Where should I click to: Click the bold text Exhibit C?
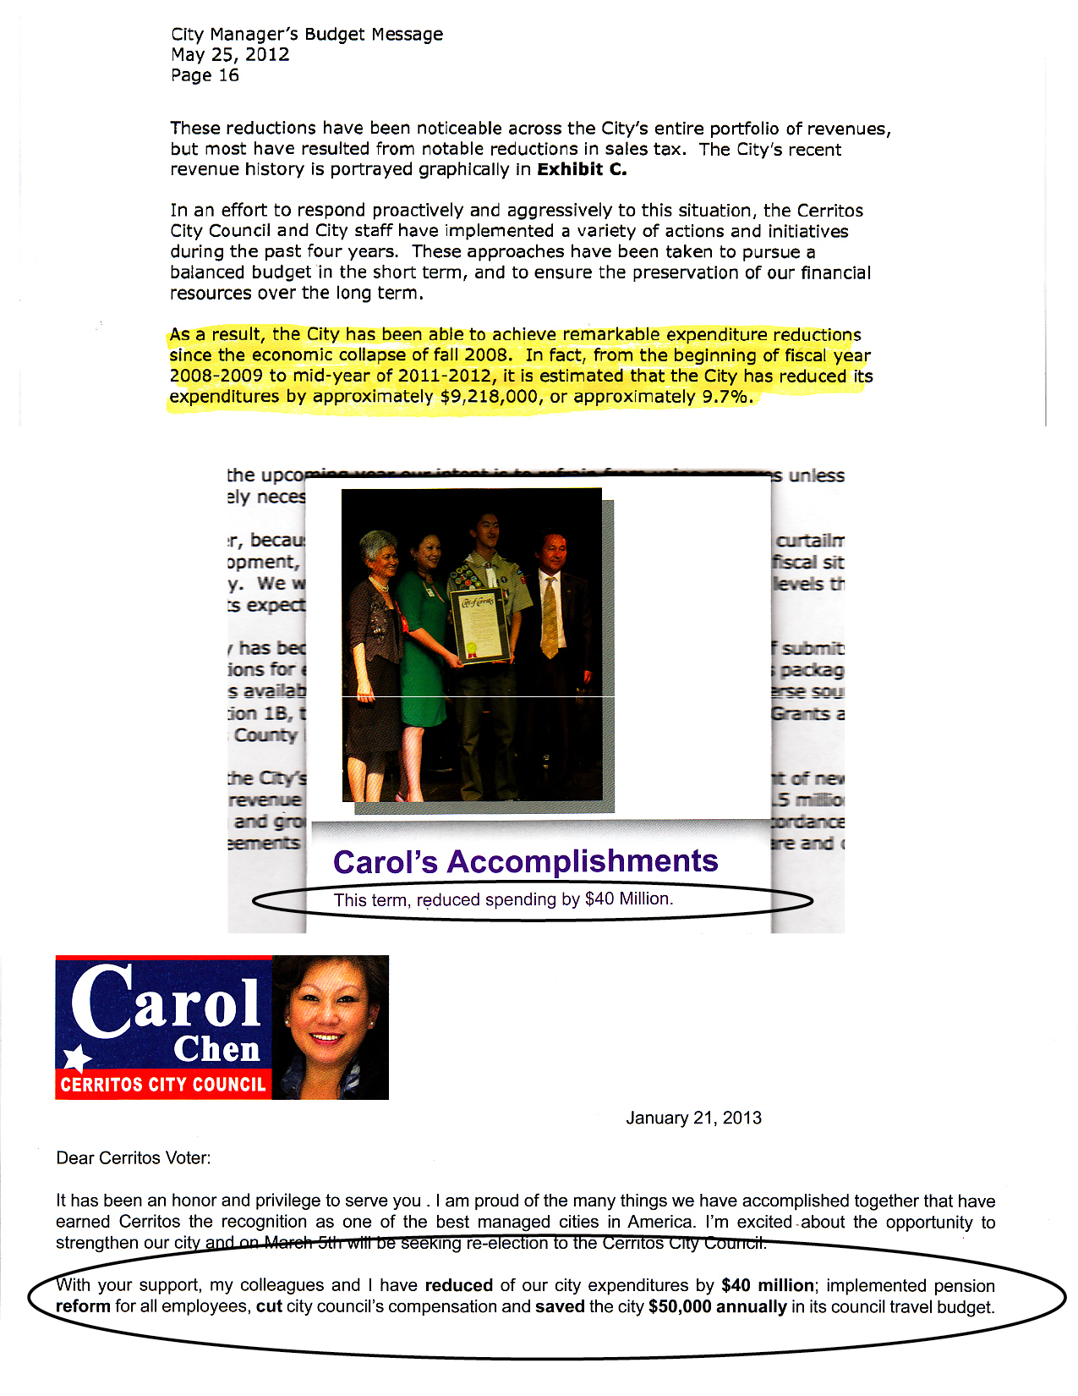(x=582, y=169)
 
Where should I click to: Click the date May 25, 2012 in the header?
(x=230, y=55)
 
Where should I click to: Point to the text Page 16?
(x=205, y=75)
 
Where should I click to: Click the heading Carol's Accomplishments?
(x=525, y=861)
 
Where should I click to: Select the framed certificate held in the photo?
(x=480, y=624)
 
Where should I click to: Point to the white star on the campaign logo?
(x=77, y=1058)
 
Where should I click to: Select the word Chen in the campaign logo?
(x=216, y=1049)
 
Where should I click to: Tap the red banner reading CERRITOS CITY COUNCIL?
(x=163, y=1085)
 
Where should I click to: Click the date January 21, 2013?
(x=693, y=1118)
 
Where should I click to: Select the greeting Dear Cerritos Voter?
(x=134, y=1158)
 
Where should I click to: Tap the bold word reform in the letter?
(x=83, y=1306)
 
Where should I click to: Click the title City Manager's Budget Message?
(x=307, y=35)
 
